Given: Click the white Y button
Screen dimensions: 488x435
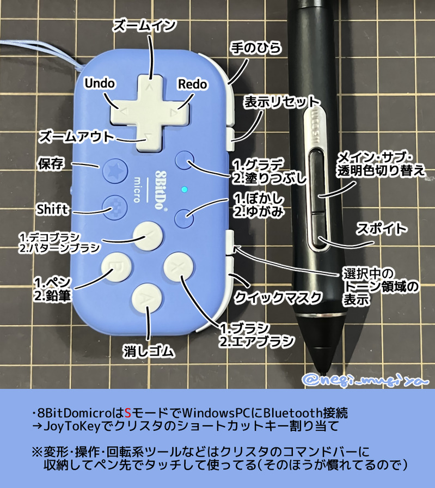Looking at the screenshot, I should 148,235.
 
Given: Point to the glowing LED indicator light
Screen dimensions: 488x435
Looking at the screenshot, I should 185,190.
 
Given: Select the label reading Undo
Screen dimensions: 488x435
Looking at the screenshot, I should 100,83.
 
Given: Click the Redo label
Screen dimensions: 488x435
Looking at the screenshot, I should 192,83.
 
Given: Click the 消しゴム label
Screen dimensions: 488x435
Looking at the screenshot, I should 148,351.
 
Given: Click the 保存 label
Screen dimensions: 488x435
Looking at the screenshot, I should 52,163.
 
